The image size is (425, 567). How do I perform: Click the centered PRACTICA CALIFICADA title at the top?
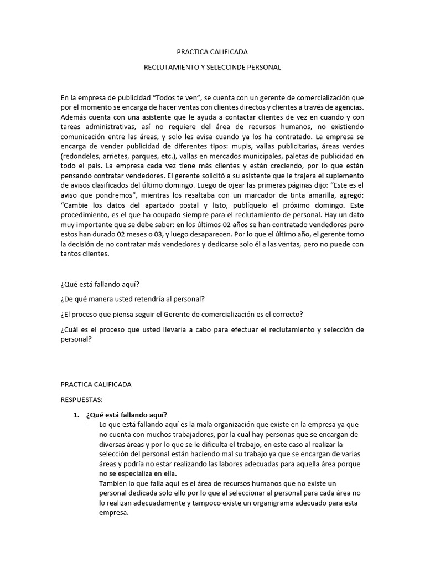[212, 52]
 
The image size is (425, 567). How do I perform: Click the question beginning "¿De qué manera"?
[133, 300]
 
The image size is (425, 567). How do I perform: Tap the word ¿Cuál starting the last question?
[70, 330]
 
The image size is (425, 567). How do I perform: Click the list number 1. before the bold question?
[77, 415]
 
